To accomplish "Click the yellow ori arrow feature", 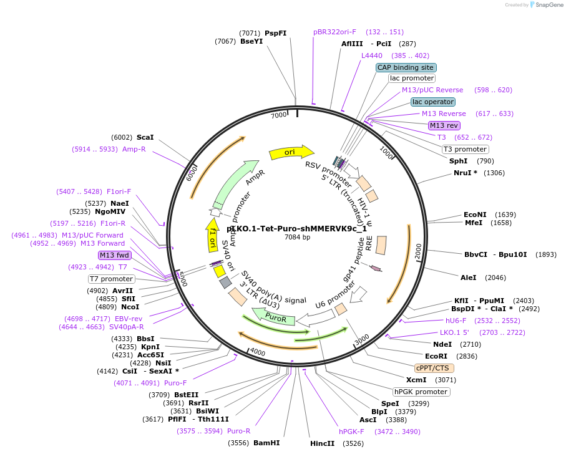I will (x=291, y=152).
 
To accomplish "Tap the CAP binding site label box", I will (x=406, y=67).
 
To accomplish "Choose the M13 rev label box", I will (x=444, y=125).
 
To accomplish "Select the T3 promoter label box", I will (x=465, y=149).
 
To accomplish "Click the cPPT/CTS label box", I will (x=434, y=368).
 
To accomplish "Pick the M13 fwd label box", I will (x=115, y=255).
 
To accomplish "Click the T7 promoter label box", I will (x=111, y=279).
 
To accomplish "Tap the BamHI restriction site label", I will (x=266, y=443).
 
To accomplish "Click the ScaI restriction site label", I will (x=145, y=137).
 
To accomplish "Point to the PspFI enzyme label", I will (x=276, y=33).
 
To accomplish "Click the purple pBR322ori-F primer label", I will (x=335, y=32).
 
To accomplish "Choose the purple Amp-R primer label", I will (x=134, y=149).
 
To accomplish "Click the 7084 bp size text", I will (x=297, y=237).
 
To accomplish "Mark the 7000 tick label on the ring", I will (x=278, y=115).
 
